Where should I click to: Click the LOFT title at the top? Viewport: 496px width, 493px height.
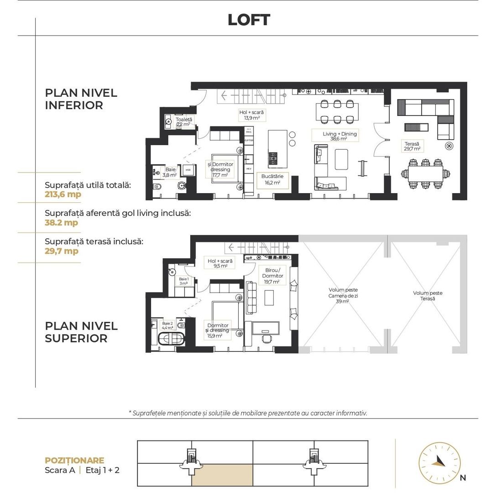point(249,20)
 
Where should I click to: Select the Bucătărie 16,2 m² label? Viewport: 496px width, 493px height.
point(272,179)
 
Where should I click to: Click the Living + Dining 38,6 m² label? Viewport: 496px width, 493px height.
point(340,136)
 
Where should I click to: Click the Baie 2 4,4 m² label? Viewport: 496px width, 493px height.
point(168,325)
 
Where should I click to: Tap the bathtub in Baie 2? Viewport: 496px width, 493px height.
point(171,339)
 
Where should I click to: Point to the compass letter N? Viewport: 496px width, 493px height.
point(463,478)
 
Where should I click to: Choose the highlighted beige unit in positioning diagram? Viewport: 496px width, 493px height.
point(222,475)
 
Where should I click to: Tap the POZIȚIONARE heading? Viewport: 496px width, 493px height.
point(74,461)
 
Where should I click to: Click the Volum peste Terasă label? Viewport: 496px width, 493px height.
point(428,296)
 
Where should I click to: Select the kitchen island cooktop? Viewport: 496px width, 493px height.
point(273,158)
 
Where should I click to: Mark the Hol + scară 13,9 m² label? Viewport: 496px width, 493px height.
point(251,115)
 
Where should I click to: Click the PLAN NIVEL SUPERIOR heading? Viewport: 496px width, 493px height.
point(81,332)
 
